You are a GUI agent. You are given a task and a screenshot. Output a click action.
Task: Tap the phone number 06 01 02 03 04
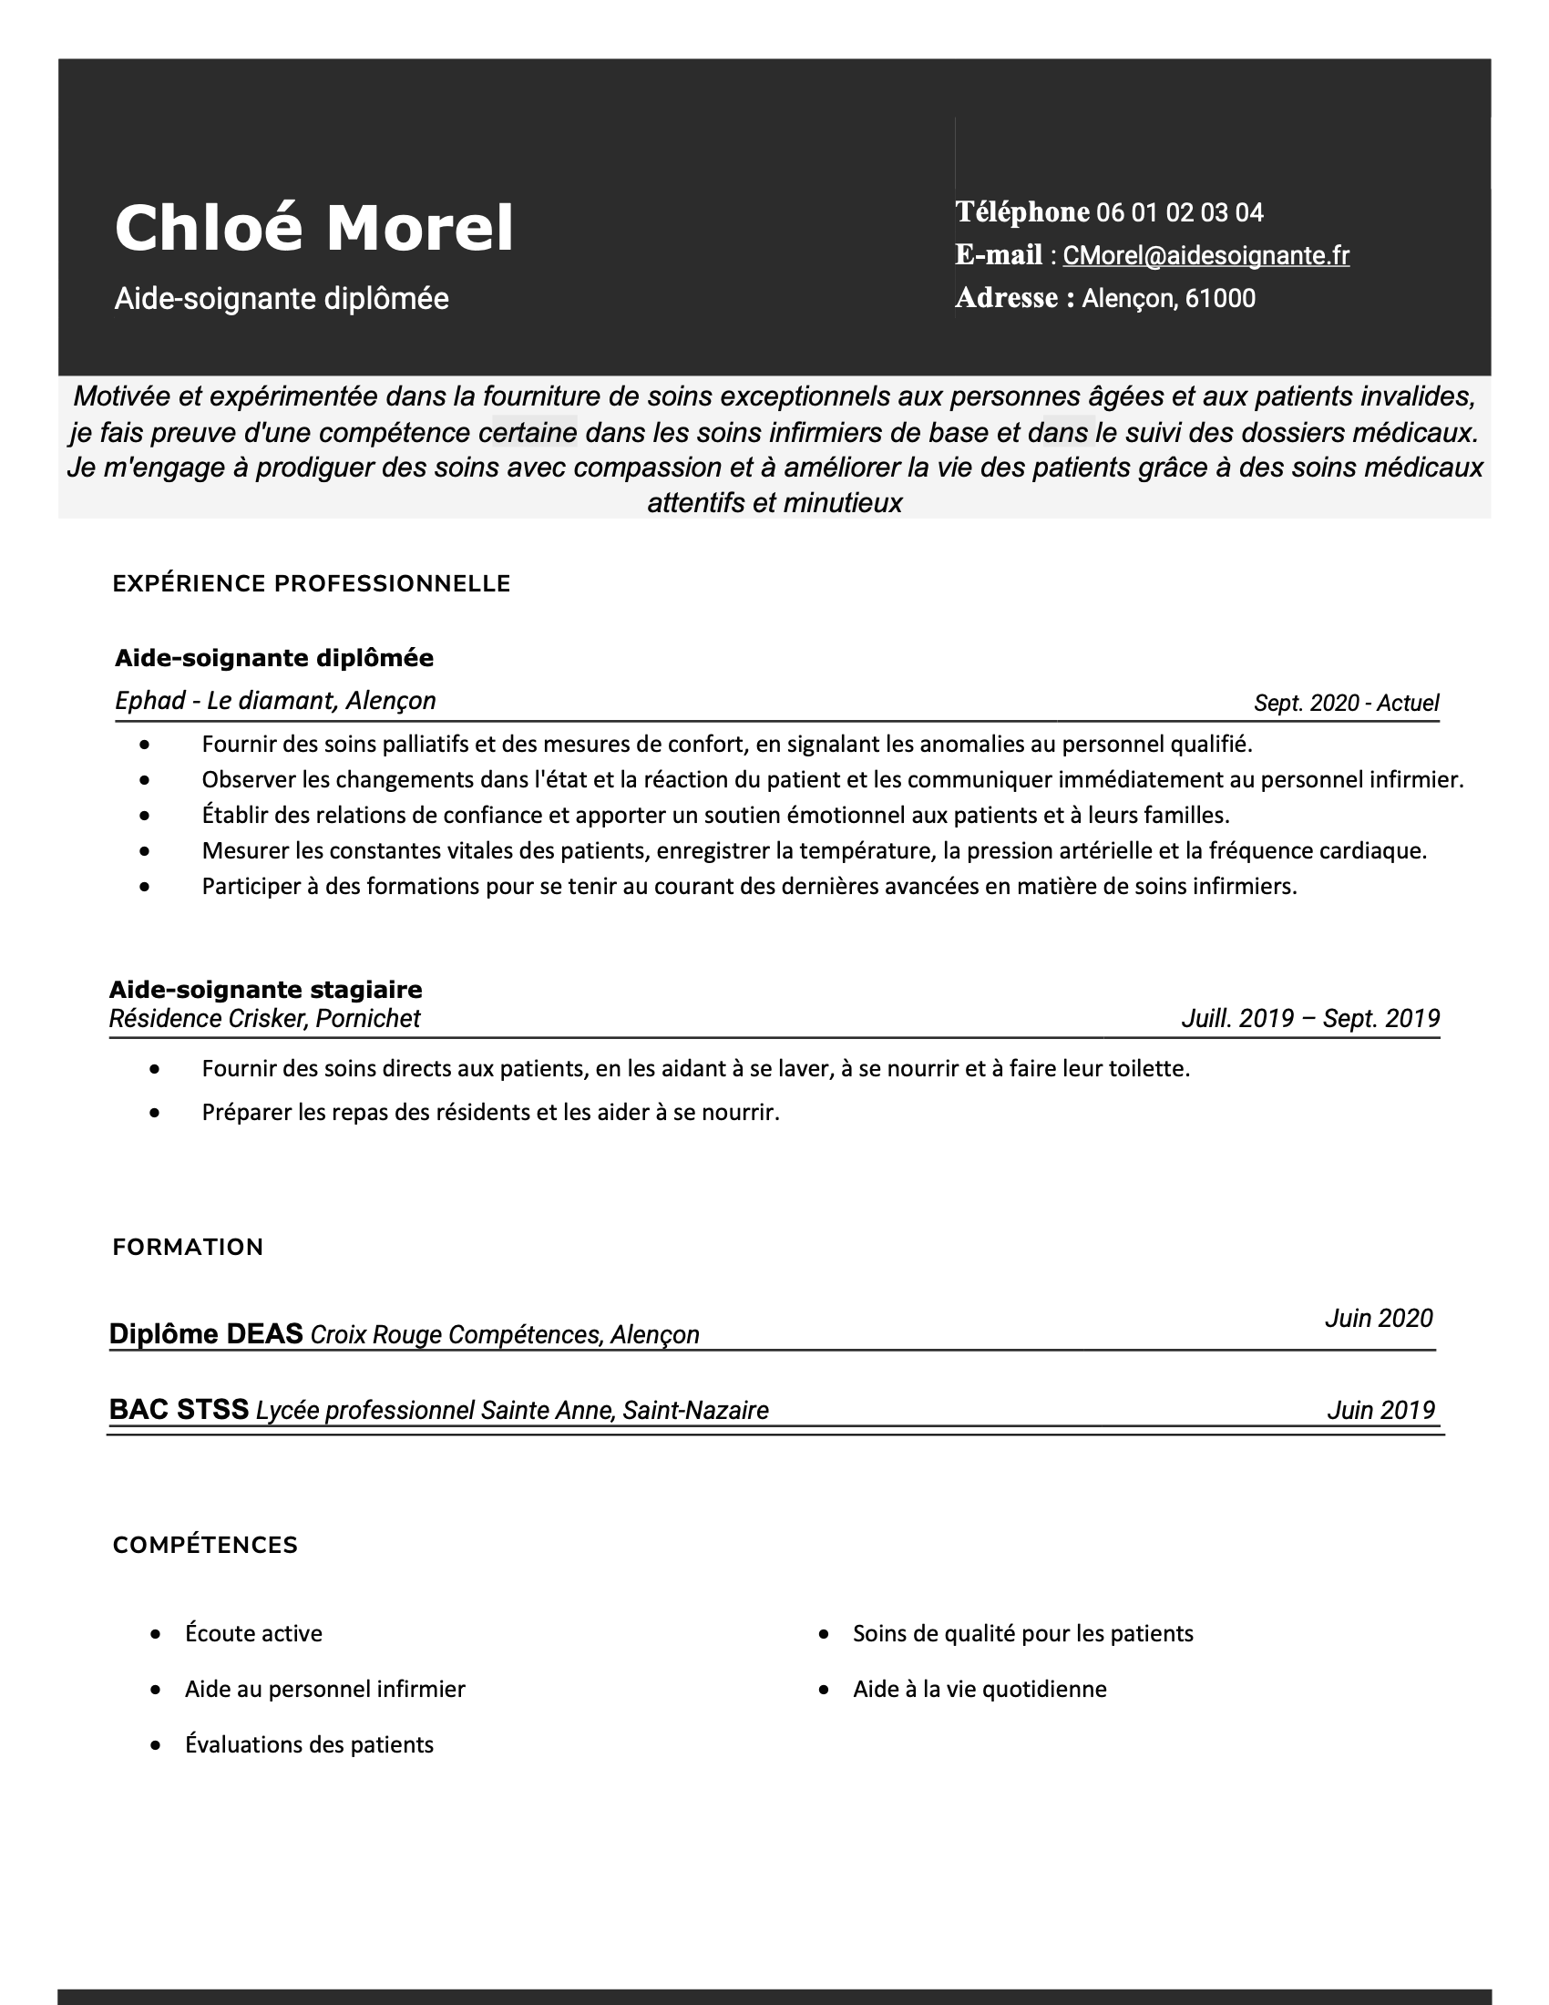tap(1179, 213)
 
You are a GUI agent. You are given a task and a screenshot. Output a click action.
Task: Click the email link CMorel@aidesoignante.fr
tap(1205, 255)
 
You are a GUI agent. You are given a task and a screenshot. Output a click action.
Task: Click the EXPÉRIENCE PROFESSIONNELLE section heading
tap(311, 584)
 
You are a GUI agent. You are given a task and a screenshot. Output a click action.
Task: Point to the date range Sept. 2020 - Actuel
tap(1345, 704)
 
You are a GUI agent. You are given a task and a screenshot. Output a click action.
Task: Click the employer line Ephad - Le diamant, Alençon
tap(275, 702)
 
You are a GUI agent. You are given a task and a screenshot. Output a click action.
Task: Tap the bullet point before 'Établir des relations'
tap(145, 816)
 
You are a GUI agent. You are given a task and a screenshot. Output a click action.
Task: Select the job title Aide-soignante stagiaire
tap(265, 990)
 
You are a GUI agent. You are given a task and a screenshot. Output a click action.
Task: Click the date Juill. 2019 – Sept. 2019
tap(1309, 1018)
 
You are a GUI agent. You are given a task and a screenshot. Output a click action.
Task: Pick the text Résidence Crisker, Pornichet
tap(264, 1019)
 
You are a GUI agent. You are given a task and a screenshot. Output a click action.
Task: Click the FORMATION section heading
tap(187, 1247)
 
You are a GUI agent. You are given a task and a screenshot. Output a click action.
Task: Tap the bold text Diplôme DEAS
tap(206, 1333)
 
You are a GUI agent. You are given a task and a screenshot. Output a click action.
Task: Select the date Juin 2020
tap(1378, 1319)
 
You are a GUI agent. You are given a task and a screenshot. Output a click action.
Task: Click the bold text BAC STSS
tap(178, 1409)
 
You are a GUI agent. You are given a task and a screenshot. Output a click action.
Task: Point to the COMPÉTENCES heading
tap(205, 1545)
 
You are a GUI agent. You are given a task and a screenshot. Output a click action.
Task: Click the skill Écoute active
tap(253, 1633)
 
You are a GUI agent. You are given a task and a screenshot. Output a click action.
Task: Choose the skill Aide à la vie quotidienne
tap(980, 1689)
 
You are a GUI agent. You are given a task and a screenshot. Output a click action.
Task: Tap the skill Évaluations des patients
tap(308, 1744)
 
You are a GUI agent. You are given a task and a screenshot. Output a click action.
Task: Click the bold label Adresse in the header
tap(1007, 298)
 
